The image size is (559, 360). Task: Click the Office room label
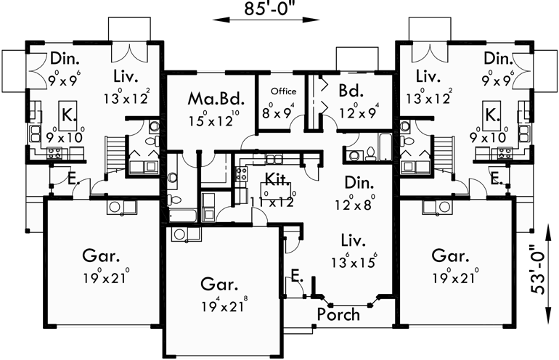283,92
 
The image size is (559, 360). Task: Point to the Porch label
338,314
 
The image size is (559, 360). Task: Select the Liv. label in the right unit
430,76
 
